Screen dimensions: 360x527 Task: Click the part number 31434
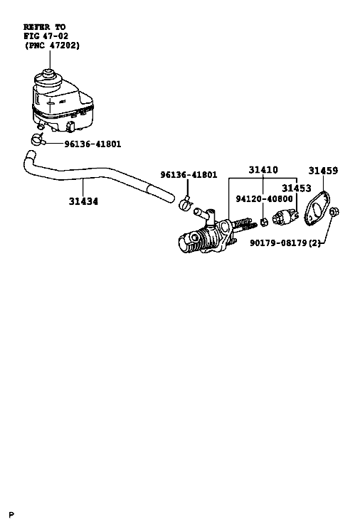[x=83, y=201]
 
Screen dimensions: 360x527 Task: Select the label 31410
[x=263, y=170]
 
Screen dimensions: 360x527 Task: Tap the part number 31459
[x=323, y=171]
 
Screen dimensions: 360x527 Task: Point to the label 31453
[x=296, y=188]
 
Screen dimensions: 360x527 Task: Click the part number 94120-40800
[x=264, y=199]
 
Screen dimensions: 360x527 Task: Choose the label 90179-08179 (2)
[x=285, y=243]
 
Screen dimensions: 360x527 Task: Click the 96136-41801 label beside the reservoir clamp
[x=92, y=144]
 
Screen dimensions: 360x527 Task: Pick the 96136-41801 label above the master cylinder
[x=189, y=175]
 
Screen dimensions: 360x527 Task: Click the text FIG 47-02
[x=46, y=36]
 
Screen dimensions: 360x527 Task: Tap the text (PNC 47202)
[x=52, y=45]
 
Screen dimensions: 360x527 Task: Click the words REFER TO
[x=44, y=27]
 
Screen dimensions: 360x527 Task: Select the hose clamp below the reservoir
[x=38, y=139]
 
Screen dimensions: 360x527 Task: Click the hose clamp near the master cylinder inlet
[x=185, y=203]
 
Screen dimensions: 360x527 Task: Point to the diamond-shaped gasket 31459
[x=317, y=208]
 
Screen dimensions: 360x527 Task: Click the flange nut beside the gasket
[x=334, y=212]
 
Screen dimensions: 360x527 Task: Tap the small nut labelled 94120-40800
[x=265, y=222]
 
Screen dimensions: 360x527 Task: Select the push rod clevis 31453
[x=285, y=218]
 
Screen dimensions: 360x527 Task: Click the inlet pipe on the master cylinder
[x=203, y=213]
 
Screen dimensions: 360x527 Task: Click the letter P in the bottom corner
[x=12, y=515]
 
